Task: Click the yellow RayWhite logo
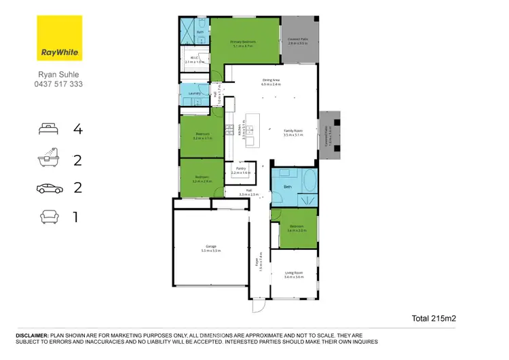point(58,39)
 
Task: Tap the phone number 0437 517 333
point(59,85)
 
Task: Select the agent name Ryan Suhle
point(59,75)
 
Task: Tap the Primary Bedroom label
point(243,43)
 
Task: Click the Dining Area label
point(271,81)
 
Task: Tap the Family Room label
point(293,132)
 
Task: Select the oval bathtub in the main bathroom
point(309,183)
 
